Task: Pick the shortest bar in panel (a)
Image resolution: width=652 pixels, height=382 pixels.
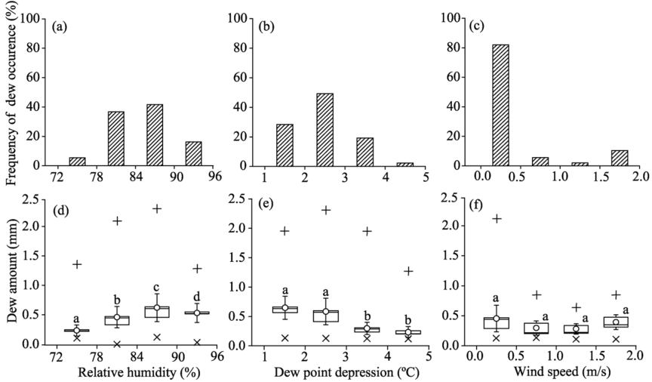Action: [x=77, y=162]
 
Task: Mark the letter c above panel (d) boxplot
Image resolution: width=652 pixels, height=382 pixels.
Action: [x=156, y=287]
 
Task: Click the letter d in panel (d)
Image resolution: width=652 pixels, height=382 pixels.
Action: [x=197, y=296]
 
